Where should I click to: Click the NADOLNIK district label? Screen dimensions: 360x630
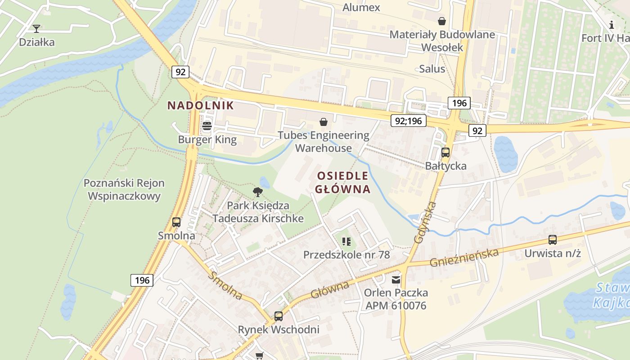tap(201, 106)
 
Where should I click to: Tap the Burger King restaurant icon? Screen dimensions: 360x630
tap(207, 126)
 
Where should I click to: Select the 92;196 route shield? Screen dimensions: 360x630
tap(408, 121)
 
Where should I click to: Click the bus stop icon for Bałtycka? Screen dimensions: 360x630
tap(445, 153)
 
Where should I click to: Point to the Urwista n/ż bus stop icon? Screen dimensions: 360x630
tap(552, 240)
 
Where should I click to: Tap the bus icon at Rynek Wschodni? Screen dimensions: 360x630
tap(279, 316)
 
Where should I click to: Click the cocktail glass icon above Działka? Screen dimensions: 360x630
tap(36, 29)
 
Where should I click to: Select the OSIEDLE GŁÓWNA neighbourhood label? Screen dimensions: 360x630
tap(343, 182)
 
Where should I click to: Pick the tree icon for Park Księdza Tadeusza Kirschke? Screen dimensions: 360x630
tap(258, 192)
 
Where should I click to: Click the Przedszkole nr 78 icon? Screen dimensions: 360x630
tap(346, 242)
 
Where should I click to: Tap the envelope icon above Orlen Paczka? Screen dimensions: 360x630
tap(396, 280)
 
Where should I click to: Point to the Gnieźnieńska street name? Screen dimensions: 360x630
tap(464, 257)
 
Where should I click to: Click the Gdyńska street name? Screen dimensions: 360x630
tap(426, 223)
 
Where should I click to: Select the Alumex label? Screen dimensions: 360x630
tap(361, 7)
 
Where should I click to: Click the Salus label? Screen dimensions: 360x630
tap(432, 69)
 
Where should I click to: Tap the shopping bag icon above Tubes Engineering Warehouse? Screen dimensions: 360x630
tap(323, 122)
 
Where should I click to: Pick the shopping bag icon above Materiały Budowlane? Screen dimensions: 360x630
tap(442, 21)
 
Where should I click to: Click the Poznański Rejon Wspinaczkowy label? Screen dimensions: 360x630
tap(124, 189)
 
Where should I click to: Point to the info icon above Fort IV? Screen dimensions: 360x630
tap(611, 25)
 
